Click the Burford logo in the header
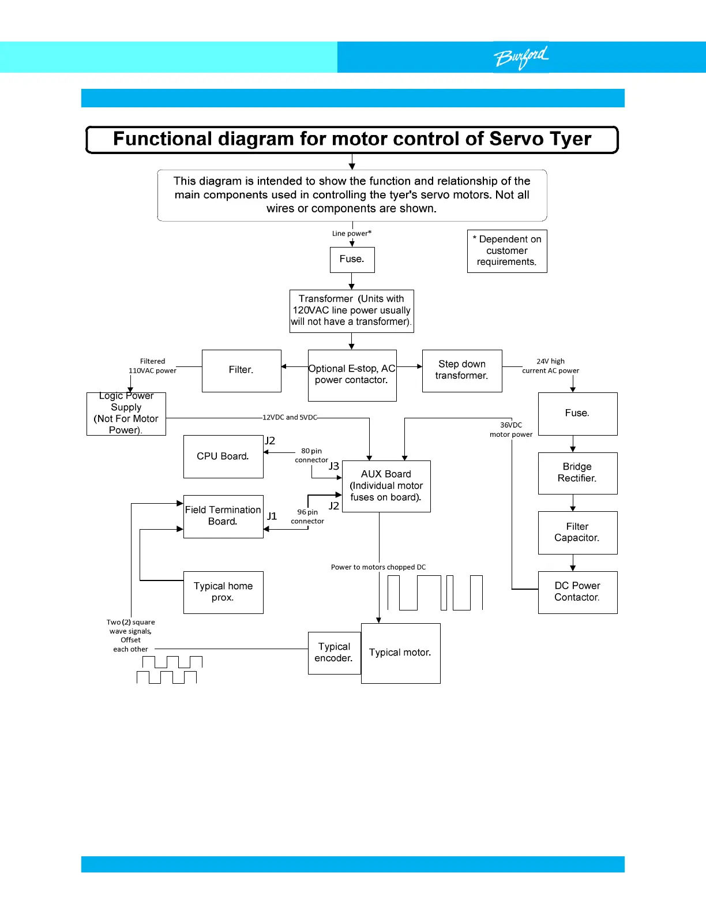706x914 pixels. tap(521, 57)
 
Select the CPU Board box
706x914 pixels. tap(223, 456)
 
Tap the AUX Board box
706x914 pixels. tap(386, 486)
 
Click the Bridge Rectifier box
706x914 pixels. tap(577, 473)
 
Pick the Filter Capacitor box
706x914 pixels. tap(577, 533)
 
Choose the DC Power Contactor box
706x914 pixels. tap(577, 592)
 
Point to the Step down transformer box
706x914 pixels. tap(462, 370)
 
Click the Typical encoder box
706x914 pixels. tap(335, 653)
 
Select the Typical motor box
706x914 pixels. tap(400, 653)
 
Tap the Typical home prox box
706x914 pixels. tap(223, 592)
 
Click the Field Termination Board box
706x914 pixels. tap(223, 516)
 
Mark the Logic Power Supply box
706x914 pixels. tap(126, 414)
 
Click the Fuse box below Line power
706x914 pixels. tap(352, 260)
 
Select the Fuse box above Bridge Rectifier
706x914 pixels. tap(577, 414)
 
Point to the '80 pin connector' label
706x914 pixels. tap(311, 455)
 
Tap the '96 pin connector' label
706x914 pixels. tap(307, 516)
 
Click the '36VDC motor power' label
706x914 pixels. tap(511, 430)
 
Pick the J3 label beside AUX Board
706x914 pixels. tap(334, 466)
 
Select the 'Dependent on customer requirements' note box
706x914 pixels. tap(507, 251)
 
